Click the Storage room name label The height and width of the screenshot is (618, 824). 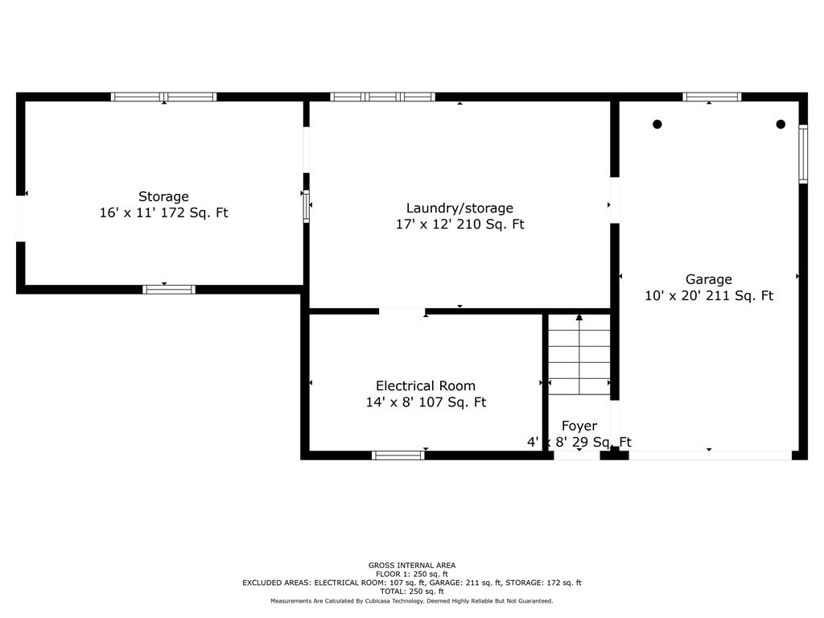click(x=163, y=196)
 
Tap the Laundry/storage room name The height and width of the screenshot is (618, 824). click(x=459, y=208)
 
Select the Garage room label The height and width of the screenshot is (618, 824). click(x=708, y=279)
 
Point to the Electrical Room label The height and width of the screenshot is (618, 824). click(x=426, y=385)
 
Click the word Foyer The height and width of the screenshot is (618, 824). click(x=579, y=426)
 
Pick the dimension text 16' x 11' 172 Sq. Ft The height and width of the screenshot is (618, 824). click(x=163, y=213)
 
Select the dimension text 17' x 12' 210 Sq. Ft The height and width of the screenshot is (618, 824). click(x=459, y=225)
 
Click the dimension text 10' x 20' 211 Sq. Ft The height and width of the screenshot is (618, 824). click(x=709, y=296)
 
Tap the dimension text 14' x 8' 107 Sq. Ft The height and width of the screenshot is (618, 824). click(x=426, y=402)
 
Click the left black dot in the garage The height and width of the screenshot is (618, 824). click(x=657, y=124)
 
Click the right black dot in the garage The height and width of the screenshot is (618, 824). click(x=781, y=124)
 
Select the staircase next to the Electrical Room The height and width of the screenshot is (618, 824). click(x=579, y=358)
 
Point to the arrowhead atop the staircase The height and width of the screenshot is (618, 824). click(x=579, y=318)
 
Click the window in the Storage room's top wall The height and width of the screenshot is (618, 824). click(x=164, y=97)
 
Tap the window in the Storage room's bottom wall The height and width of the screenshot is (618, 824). click(x=169, y=290)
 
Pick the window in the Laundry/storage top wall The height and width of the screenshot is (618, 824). click(x=383, y=97)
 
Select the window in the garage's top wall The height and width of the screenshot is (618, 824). click(x=712, y=97)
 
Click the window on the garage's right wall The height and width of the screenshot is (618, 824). click(x=803, y=154)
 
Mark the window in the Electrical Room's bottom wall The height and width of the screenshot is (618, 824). click(x=398, y=455)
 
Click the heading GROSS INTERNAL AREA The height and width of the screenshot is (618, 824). click(x=411, y=565)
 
